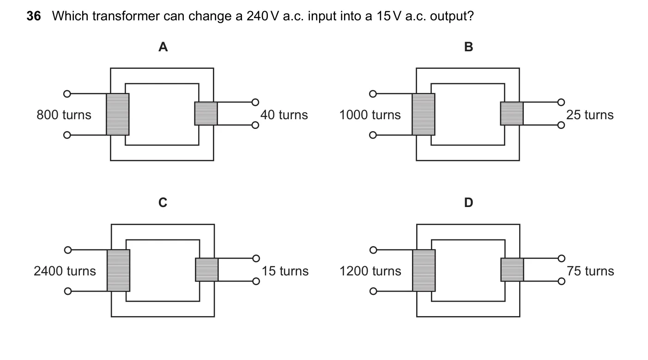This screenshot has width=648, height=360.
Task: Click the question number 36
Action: coord(34,16)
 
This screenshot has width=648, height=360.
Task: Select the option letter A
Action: coord(163,47)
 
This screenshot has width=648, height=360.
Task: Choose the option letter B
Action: coord(469,47)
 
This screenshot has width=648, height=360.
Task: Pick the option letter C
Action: coord(163,202)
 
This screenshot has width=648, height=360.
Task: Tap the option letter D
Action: coord(469,202)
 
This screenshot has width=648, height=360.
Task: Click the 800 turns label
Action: coord(64,115)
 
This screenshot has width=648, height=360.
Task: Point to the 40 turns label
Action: coord(284,115)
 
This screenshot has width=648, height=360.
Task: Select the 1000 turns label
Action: coord(370,115)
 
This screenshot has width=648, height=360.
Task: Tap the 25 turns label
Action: coord(590,115)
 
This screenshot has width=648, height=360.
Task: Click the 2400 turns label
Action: coord(65,271)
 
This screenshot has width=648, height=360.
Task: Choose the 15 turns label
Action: coord(285,271)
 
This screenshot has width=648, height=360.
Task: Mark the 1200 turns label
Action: coord(370,271)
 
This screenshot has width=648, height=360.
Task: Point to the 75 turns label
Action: coord(590,271)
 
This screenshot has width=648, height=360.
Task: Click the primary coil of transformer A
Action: coord(117,114)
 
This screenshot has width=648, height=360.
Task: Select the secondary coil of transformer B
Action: coord(512,113)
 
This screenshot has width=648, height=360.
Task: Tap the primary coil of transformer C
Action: coord(118,270)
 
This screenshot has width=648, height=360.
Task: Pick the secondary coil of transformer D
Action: coord(512,270)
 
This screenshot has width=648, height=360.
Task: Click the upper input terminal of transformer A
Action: coord(67,94)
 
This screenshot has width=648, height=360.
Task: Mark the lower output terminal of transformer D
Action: coord(562,281)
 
